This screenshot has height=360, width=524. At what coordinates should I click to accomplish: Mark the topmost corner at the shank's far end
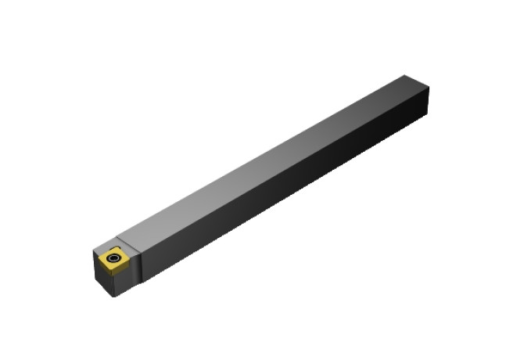coord(405,76)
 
